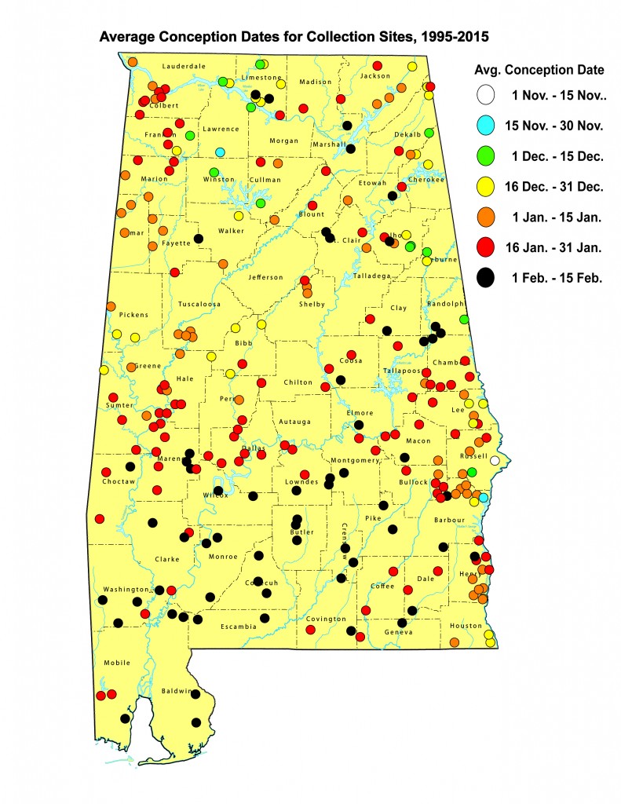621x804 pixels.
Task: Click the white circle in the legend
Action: (x=486, y=96)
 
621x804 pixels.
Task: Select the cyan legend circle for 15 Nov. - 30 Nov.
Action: (x=486, y=126)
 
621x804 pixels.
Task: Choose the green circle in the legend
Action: (x=486, y=155)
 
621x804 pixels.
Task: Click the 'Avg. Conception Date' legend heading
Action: (x=540, y=70)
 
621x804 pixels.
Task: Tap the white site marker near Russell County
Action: (x=495, y=461)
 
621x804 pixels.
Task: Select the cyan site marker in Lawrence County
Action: (x=221, y=152)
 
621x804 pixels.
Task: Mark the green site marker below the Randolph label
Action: (x=464, y=320)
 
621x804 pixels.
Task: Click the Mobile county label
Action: (x=116, y=663)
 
